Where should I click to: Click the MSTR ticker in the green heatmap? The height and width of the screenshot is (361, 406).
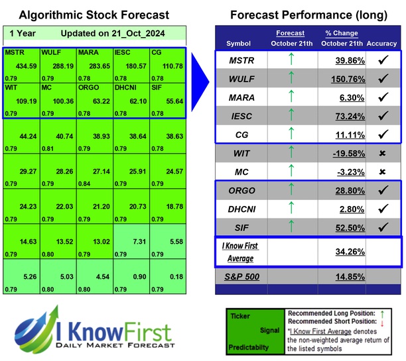pos(15,52)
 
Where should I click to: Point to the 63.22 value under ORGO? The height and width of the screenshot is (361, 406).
pos(95,103)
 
